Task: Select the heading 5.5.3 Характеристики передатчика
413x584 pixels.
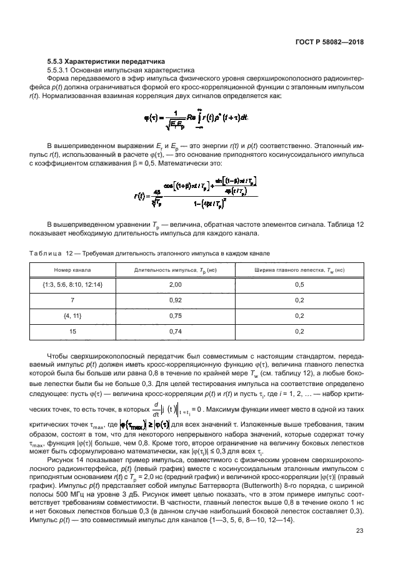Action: [106, 62]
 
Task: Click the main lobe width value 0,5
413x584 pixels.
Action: [299, 284]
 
